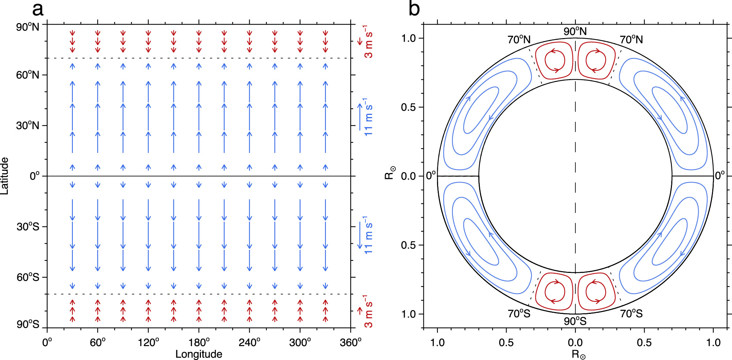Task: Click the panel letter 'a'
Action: pyautogui.click(x=38, y=10)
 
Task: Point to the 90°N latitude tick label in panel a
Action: pyautogui.click(x=27, y=27)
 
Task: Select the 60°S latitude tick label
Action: pyautogui.click(x=28, y=277)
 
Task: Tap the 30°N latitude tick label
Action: pyautogui.click(x=27, y=125)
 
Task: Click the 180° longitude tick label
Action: pyautogui.click(x=199, y=342)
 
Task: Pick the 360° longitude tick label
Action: pyautogui.click(x=351, y=342)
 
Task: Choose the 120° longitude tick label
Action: pyautogui.click(x=148, y=342)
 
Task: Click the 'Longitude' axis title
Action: pyautogui.click(x=199, y=354)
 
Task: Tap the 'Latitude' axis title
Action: pyautogui.click(x=4, y=176)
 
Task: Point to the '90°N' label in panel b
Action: pyautogui.click(x=575, y=31)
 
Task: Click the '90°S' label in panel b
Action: pyautogui.click(x=575, y=321)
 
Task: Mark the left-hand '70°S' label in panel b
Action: pyautogui.click(x=519, y=314)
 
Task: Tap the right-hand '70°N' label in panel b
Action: pyautogui.click(x=631, y=40)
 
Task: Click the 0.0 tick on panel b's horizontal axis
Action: pyautogui.click(x=575, y=342)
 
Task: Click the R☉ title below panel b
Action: pyautogui.click(x=578, y=355)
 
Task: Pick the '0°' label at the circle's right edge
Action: pyautogui.click(x=720, y=176)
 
